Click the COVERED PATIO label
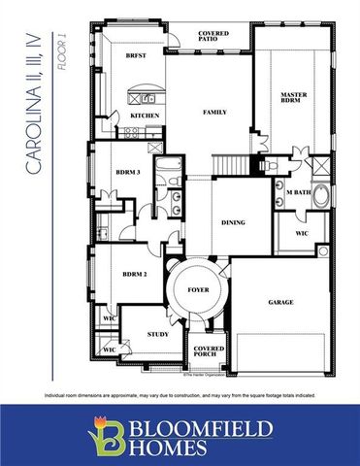(x=214, y=38)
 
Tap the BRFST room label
(x=136, y=57)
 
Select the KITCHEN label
(x=144, y=116)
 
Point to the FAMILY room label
(x=214, y=112)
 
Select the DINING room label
(x=232, y=222)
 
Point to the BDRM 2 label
(x=134, y=275)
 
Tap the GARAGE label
(x=281, y=302)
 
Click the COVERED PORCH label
(x=209, y=351)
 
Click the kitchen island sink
(x=149, y=97)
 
